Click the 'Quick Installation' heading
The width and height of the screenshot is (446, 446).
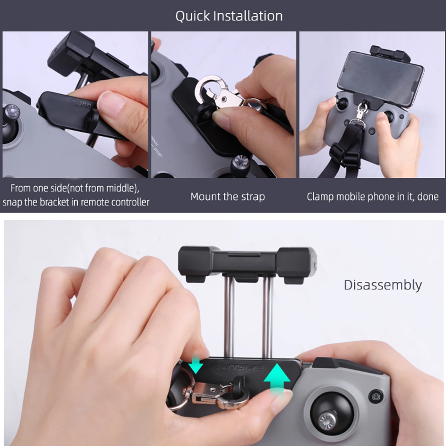click(x=229, y=16)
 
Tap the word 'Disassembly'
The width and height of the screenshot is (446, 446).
click(x=382, y=285)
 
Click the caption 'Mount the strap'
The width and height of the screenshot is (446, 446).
click(x=228, y=197)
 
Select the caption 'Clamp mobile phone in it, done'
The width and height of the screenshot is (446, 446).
click(x=372, y=197)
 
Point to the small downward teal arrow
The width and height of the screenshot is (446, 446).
click(x=196, y=364)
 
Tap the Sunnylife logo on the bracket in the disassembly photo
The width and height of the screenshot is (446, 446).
click(x=240, y=367)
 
